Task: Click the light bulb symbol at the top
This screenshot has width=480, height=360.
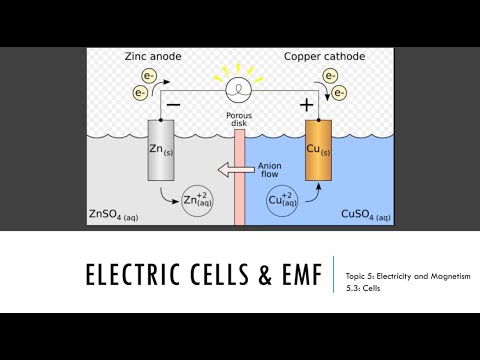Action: pos(238,88)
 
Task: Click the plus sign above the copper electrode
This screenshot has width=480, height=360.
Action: pos(306,103)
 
